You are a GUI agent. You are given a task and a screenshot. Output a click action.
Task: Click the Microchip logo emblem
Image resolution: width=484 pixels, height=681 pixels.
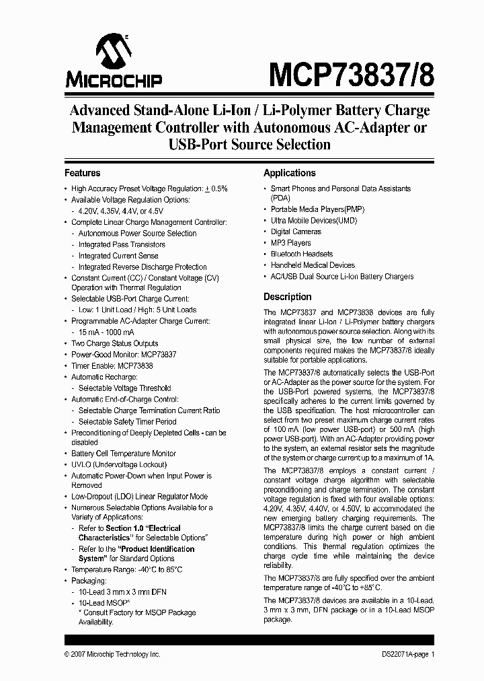click(x=113, y=52)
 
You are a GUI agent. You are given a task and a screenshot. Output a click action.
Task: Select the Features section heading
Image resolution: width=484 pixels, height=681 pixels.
click(x=82, y=173)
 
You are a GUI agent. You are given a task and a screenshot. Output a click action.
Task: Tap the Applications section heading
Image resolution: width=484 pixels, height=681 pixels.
click(x=289, y=173)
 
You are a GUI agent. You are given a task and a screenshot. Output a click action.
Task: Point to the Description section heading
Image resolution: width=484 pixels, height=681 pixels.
click(x=287, y=297)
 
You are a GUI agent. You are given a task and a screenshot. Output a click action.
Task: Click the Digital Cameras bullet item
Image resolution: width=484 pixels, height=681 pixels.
click(x=296, y=231)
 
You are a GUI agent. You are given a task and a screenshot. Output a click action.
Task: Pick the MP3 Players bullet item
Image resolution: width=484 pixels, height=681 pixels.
click(x=290, y=243)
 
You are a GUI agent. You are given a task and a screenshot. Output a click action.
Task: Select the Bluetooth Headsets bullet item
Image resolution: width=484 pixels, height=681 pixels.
click(x=301, y=254)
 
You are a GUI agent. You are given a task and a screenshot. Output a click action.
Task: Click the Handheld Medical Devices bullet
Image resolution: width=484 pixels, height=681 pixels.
click(x=313, y=265)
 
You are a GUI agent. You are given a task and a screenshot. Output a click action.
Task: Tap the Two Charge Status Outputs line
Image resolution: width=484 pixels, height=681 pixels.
click(x=115, y=343)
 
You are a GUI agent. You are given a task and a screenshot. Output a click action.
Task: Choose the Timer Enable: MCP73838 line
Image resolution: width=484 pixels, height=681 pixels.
click(x=112, y=365)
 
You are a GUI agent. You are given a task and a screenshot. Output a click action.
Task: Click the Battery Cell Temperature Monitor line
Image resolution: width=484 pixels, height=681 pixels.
click(x=124, y=454)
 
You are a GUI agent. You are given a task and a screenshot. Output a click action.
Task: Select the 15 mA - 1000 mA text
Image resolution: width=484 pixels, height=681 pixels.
click(x=106, y=332)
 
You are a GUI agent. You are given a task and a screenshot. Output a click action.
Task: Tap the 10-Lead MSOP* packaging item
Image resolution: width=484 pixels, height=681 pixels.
click(x=104, y=602)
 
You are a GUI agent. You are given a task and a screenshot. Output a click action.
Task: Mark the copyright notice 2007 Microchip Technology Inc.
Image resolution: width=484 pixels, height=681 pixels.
click(x=112, y=654)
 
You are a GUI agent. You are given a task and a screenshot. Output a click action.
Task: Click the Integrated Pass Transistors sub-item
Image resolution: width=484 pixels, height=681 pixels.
click(x=122, y=244)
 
